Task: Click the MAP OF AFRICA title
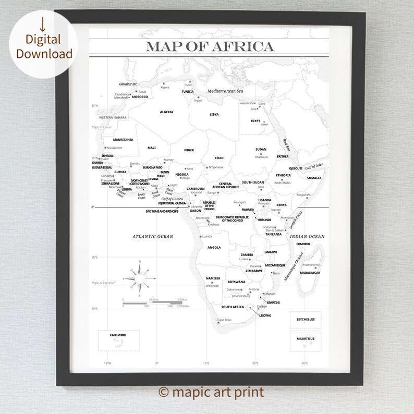point(210,46)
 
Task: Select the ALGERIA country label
point(167,112)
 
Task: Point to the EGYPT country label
point(255,121)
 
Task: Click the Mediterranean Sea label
point(225,91)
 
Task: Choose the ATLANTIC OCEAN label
point(152,236)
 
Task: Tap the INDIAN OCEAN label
point(307,236)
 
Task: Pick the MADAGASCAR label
point(310,273)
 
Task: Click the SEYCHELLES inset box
point(306,320)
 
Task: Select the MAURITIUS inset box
point(306,339)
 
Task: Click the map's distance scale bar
point(154,302)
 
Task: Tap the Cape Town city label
point(224,320)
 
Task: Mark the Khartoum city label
point(261,157)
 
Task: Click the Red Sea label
point(286,145)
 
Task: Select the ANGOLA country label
point(214,247)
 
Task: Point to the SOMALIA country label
point(314,178)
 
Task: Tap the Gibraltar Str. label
point(128,84)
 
